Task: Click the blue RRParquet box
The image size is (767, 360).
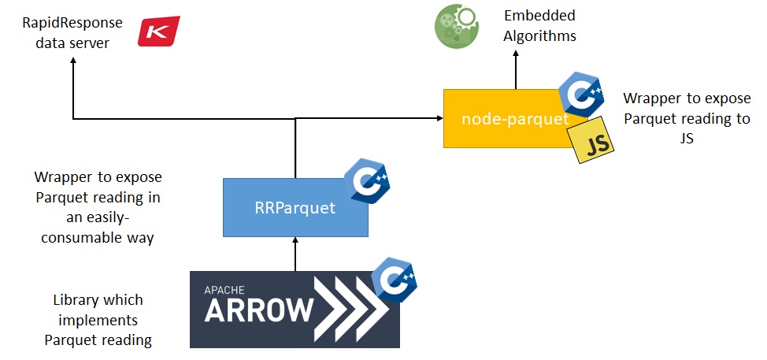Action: point(295,208)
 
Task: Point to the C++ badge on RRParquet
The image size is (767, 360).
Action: point(367,183)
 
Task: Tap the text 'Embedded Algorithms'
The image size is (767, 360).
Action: point(540,26)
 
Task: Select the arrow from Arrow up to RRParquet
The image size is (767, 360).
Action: point(295,254)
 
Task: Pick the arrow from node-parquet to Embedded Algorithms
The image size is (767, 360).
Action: point(516,70)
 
